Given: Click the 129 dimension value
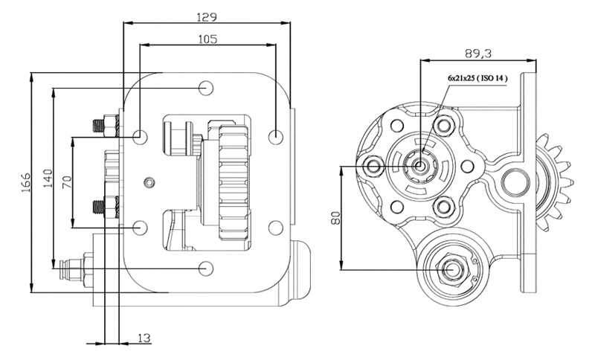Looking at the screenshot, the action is click(207, 17).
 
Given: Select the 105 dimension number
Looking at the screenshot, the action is click(208, 39).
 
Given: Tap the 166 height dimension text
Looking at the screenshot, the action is click(26, 182).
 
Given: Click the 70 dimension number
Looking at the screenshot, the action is click(67, 181).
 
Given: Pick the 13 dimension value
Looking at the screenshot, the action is click(144, 338).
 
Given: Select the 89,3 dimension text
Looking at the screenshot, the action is click(478, 54).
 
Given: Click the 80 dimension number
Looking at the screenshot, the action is click(335, 218).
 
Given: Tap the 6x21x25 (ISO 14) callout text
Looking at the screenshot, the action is click(477, 79).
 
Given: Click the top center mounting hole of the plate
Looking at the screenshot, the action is click(206, 88).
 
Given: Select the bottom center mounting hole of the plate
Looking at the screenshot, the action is click(206, 269).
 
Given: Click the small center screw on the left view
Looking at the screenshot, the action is click(150, 182).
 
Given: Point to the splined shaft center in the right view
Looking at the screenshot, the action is click(419, 166).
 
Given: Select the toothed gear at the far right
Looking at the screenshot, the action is click(554, 182).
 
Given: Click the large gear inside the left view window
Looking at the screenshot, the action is click(234, 183).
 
